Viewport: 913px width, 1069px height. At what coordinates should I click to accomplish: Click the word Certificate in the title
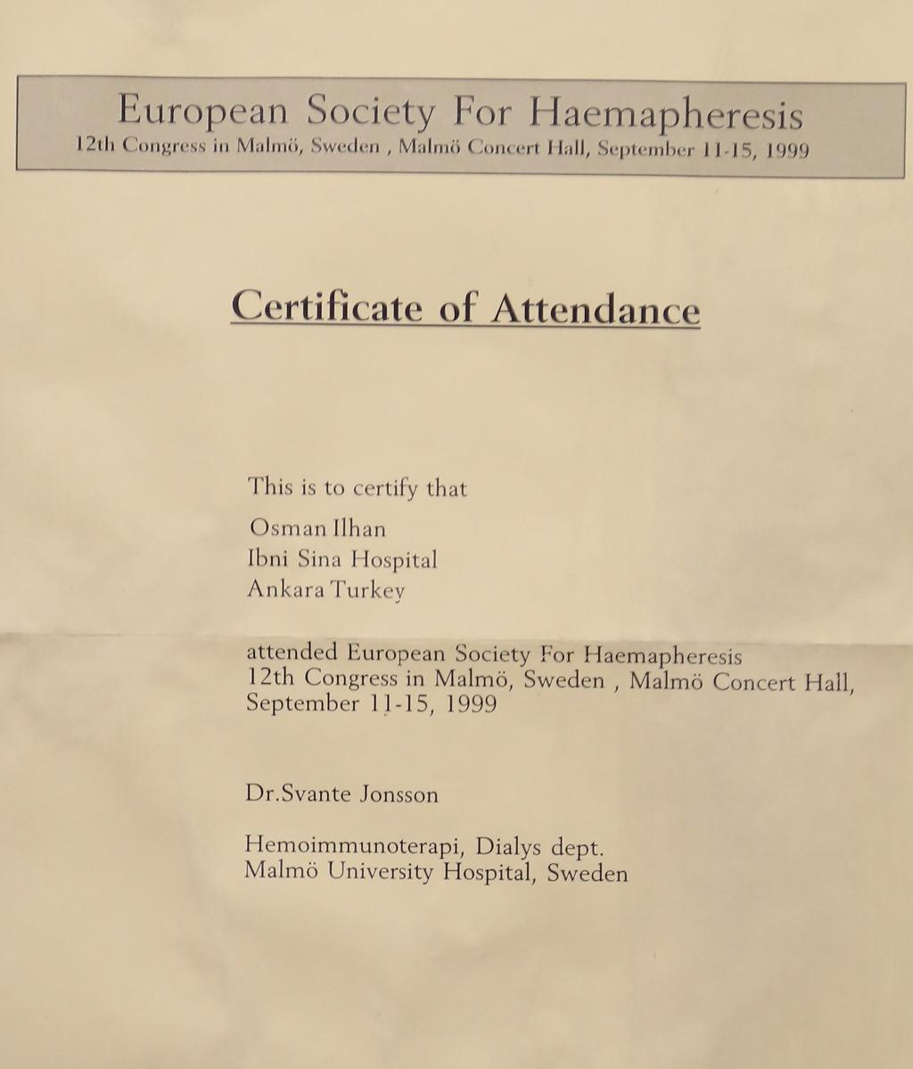[x=326, y=308]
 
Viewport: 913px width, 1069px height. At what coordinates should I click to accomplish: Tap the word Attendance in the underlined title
[x=596, y=309]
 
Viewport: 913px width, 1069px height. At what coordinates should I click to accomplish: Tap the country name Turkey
[x=368, y=591]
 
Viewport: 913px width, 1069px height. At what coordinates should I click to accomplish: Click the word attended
[x=291, y=651]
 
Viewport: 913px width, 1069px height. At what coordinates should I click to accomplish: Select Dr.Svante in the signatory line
[x=298, y=794]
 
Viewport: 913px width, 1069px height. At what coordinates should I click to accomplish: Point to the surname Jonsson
[x=399, y=794]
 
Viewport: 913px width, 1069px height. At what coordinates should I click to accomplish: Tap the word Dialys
[x=504, y=844]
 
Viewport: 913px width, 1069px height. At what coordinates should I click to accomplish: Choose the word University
[x=378, y=872]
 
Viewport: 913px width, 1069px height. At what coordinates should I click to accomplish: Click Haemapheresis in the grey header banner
[x=666, y=114]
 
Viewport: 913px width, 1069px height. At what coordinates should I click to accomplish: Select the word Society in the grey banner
[x=371, y=111]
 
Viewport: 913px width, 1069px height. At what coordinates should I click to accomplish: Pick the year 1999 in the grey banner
[x=787, y=150]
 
